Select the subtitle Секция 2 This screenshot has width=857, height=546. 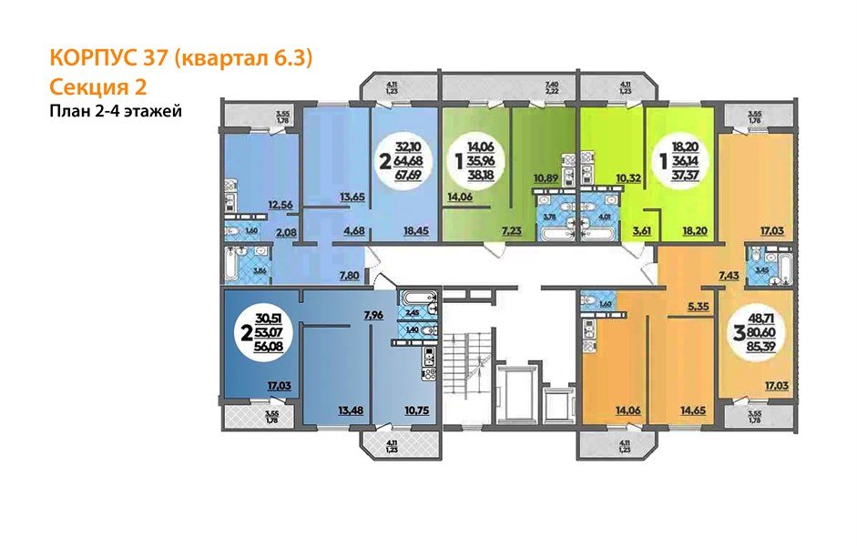[97, 86]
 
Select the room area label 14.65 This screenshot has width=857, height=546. [692, 410]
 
